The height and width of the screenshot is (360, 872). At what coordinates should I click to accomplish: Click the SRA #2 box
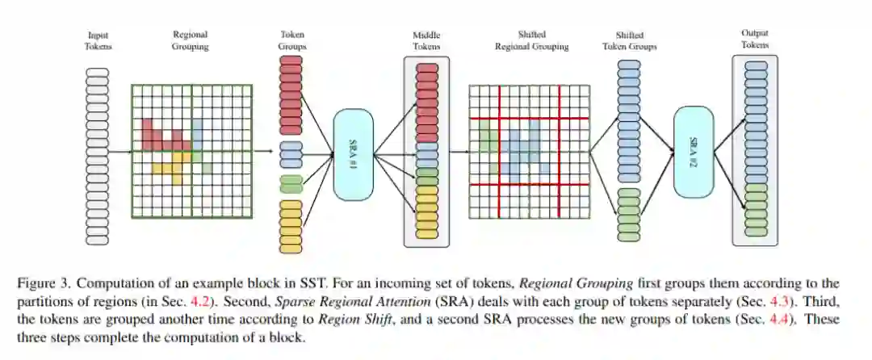[693, 152]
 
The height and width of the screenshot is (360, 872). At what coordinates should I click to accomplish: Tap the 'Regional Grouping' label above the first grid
[191, 40]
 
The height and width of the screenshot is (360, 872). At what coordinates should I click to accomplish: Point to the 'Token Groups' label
[291, 40]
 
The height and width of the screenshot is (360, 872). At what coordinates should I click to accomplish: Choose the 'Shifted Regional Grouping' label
[531, 40]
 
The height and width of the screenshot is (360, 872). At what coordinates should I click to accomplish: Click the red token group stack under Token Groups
[291, 98]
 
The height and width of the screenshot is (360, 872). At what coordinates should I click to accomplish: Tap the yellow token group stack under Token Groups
[291, 220]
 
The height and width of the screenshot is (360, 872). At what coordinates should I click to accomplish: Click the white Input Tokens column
[99, 155]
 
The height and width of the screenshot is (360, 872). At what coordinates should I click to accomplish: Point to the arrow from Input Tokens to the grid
[119, 151]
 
